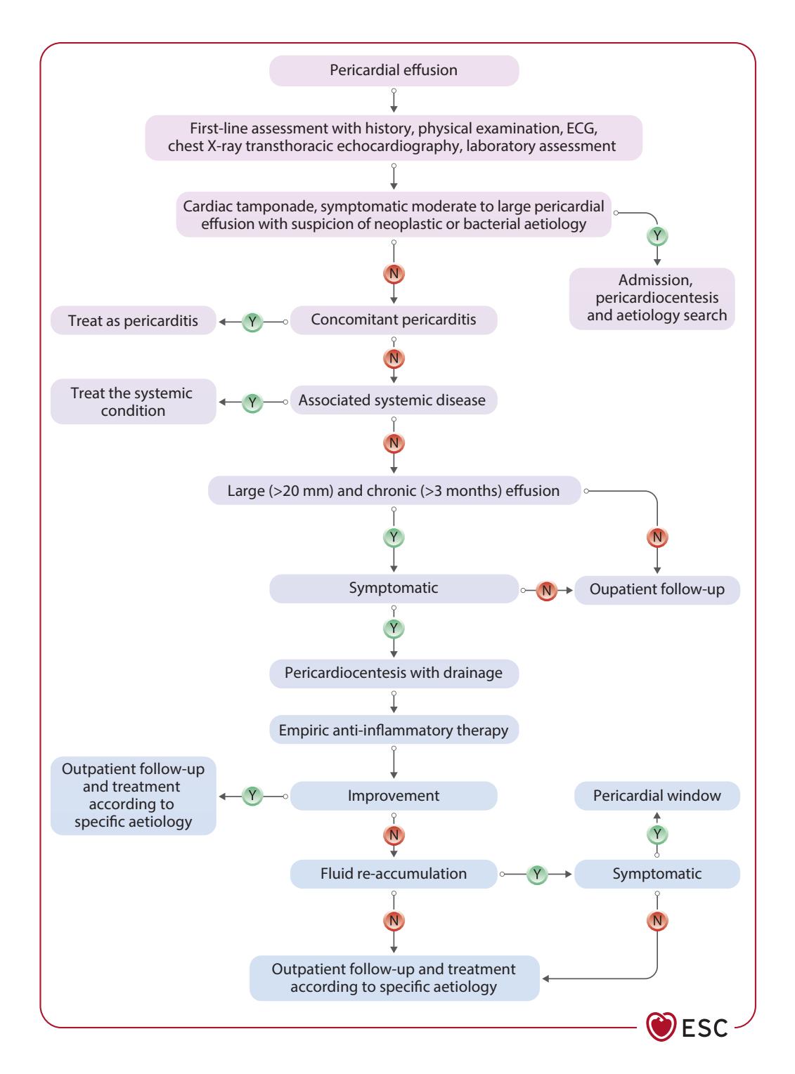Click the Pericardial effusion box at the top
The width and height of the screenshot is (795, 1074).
coord(394,70)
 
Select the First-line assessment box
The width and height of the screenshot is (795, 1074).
coord(394,138)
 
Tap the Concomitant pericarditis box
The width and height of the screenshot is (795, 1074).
coord(394,320)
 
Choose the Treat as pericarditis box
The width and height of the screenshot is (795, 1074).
coord(134,320)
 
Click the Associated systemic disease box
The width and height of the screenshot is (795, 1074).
coord(394,400)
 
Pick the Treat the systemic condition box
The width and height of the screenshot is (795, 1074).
coord(134,401)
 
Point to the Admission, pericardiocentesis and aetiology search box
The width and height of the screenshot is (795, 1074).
coord(652,299)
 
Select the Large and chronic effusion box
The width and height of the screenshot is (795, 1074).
coord(394,490)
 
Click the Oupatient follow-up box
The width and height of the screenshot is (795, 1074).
coord(657,590)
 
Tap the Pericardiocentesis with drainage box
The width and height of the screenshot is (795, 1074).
coord(394,673)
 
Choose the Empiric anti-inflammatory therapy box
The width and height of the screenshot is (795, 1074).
coord(394,729)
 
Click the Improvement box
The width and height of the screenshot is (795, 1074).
coord(394,796)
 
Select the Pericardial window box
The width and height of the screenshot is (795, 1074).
coord(657,796)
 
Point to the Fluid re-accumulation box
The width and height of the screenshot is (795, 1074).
coord(394,874)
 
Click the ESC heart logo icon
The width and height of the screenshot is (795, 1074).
coord(661,1026)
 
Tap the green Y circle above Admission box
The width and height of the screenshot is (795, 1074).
coord(657,236)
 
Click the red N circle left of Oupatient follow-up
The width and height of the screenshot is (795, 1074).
coord(546,591)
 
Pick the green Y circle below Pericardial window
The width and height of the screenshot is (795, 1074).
coord(657,834)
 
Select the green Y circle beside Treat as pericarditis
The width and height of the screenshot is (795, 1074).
coord(252,322)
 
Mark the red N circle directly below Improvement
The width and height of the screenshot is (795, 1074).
coord(394,835)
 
